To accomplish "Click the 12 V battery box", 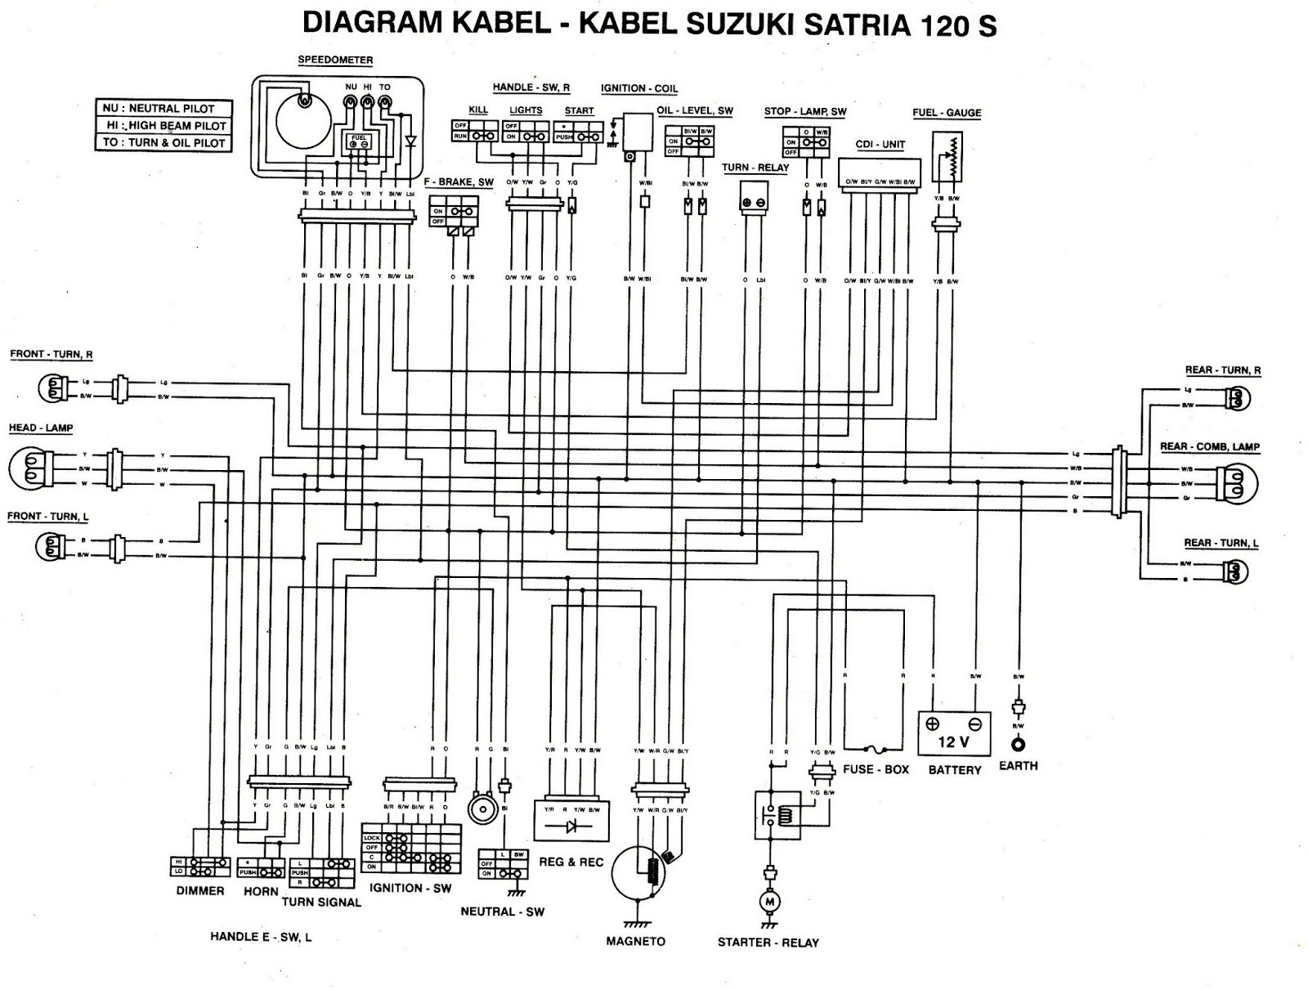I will coord(954,733).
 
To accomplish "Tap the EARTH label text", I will coord(1018,766).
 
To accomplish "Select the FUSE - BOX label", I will coord(876,769).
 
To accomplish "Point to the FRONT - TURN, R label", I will coord(52,354).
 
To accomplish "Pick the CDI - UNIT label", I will coord(880,145).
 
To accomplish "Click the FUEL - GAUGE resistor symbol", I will coord(947,159).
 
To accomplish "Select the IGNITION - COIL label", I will coord(639,88).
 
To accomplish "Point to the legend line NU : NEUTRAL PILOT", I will coord(163,108).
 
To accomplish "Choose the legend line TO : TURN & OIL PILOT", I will coord(163,142).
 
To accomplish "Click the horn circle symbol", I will coord(482,809).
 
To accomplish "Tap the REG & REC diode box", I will coord(571,820).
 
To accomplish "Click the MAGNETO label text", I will coord(635,941).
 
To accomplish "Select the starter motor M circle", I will coord(768,901).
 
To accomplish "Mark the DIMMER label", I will coord(199,890).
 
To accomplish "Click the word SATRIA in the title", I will coord(858,25).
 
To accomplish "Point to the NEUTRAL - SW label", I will coord(502,912).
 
